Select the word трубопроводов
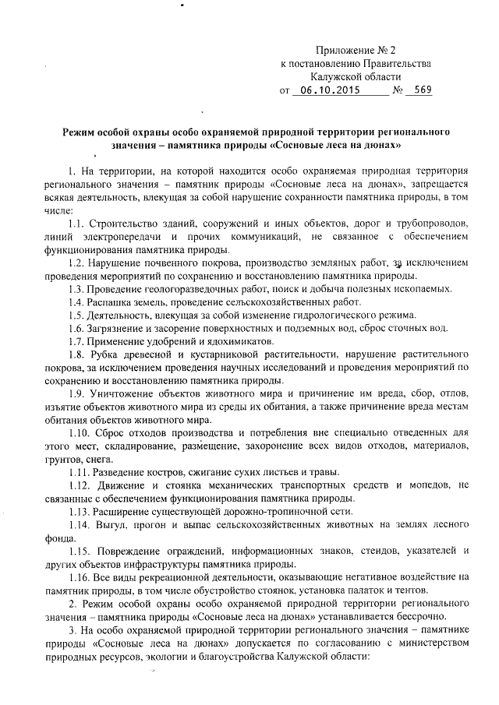pyautogui.click(x=427, y=222)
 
